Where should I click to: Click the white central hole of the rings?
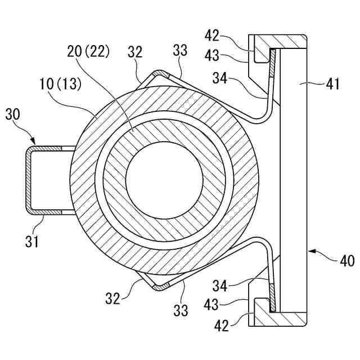(164, 181)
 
